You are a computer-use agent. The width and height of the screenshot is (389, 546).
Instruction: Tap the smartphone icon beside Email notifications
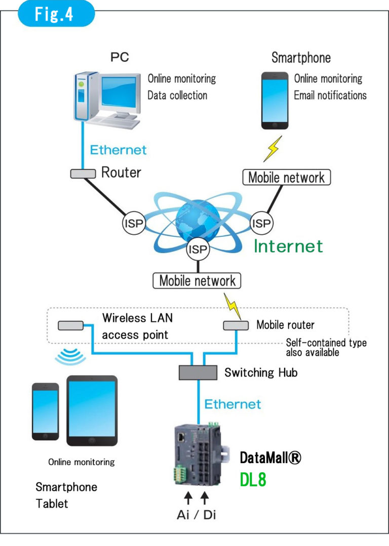point(276,101)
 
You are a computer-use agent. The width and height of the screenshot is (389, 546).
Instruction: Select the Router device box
point(83,174)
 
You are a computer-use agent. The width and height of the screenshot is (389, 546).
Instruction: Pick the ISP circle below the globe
point(198,248)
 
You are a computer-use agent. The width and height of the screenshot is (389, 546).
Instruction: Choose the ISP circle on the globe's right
point(262,222)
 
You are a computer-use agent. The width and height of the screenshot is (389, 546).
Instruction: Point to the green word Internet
point(288,246)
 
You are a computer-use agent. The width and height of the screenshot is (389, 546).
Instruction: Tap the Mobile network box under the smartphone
point(287,178)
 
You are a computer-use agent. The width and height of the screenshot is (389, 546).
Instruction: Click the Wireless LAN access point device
point(71,325)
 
